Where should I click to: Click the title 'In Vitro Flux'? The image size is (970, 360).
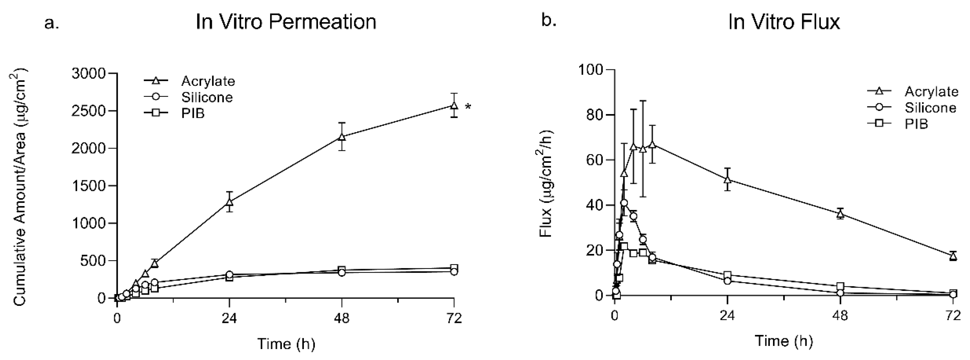tap(784, 22)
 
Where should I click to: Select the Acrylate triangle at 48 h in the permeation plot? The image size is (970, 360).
tap(342, 137)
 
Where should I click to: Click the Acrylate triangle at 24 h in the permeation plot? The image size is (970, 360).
tap(229, 202)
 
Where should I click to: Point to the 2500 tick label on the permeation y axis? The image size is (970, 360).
tap(89, 111)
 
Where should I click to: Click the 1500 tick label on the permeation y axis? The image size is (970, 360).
tap(89, 186)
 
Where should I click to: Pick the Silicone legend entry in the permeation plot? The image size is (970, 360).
tap(207, 97)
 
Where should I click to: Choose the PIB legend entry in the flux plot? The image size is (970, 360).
tap(916, 124)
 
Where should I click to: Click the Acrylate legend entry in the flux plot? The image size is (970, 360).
tap(931, 92)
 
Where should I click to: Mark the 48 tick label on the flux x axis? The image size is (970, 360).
tap(840, 316)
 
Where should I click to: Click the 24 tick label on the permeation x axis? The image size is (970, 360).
tap(229, 319)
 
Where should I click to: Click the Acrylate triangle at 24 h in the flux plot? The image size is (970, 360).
tap(727, 179)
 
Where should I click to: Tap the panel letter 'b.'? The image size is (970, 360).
tap(549, 21)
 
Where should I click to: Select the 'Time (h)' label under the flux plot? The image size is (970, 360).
tap(784, 340)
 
